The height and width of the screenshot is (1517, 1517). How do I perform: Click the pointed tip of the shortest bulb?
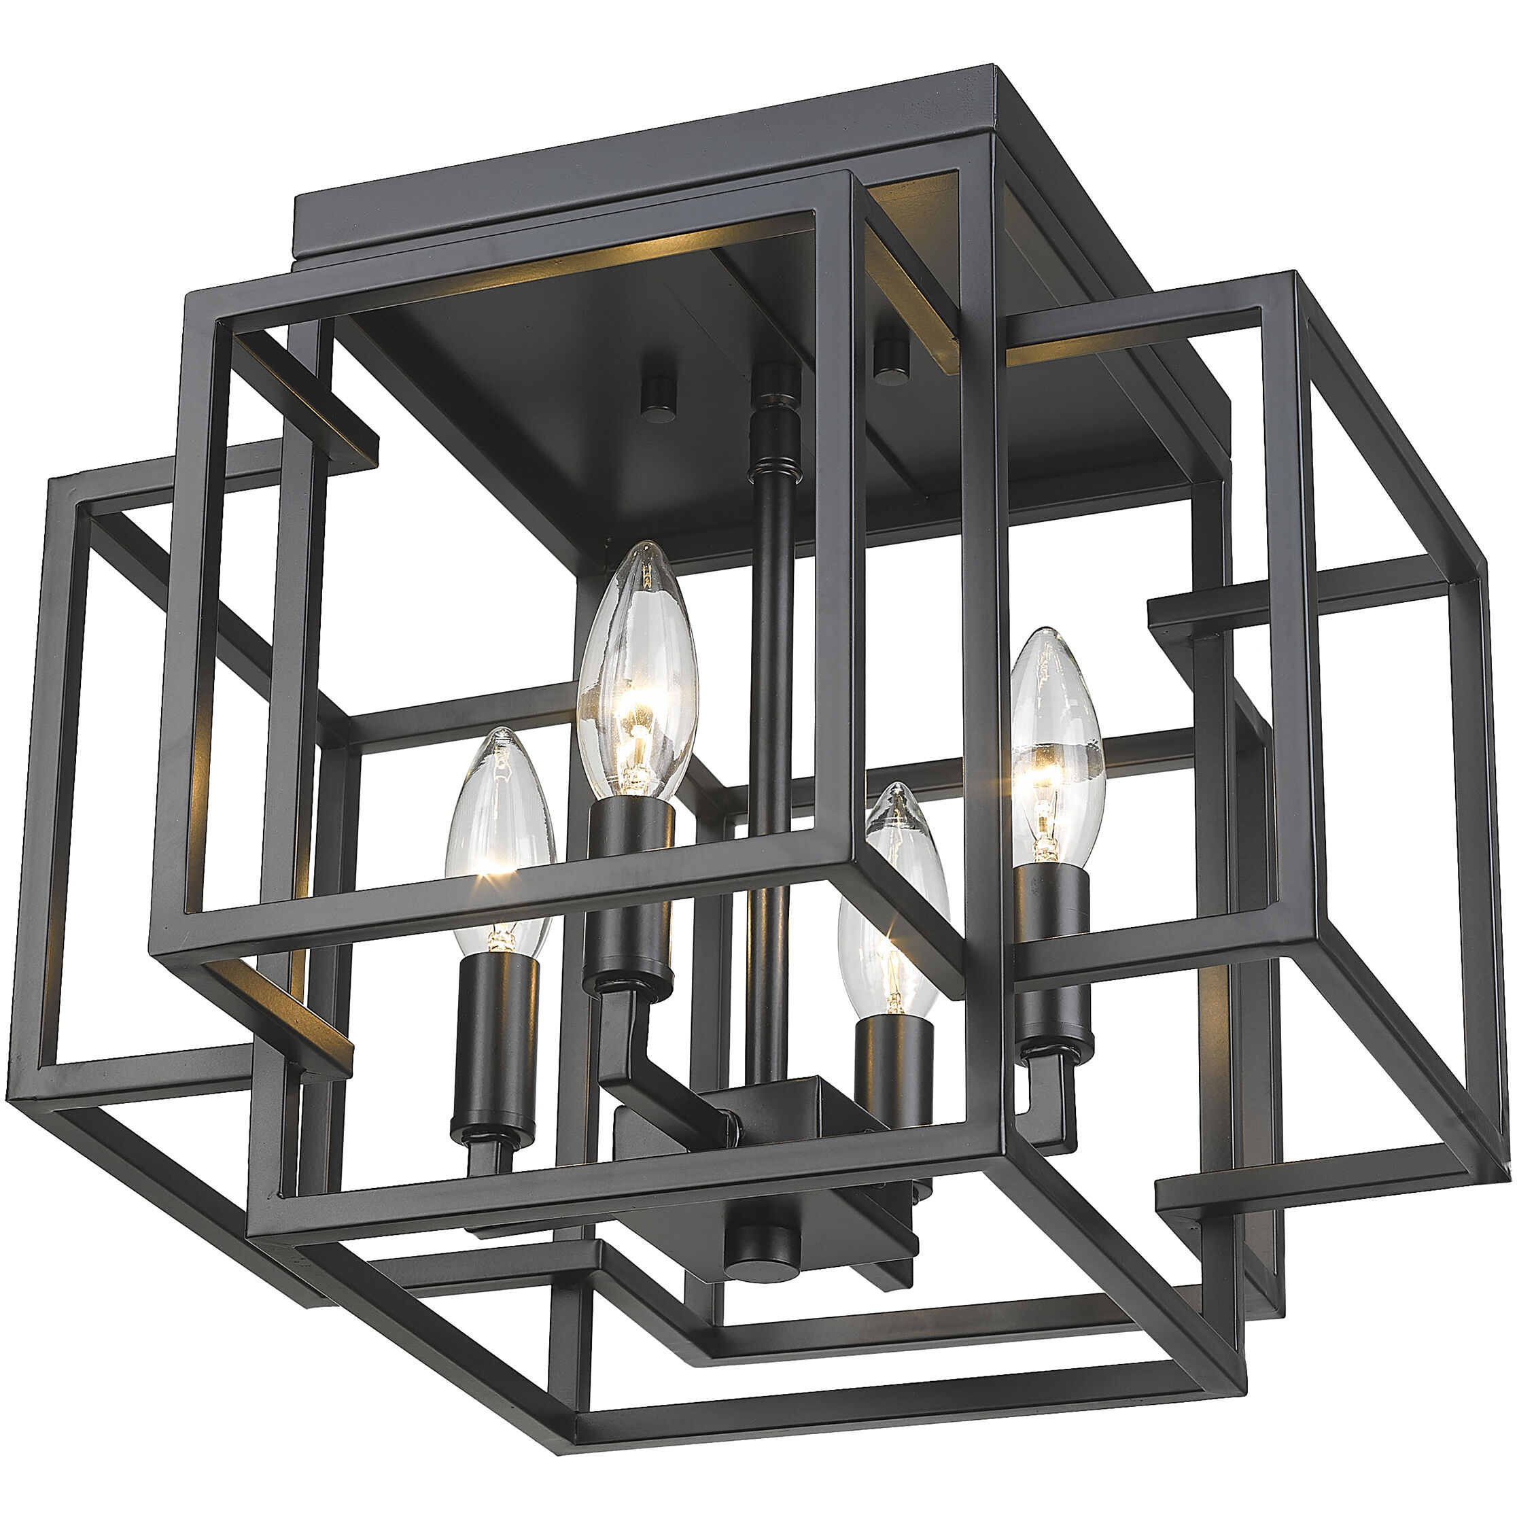(903, 787)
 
